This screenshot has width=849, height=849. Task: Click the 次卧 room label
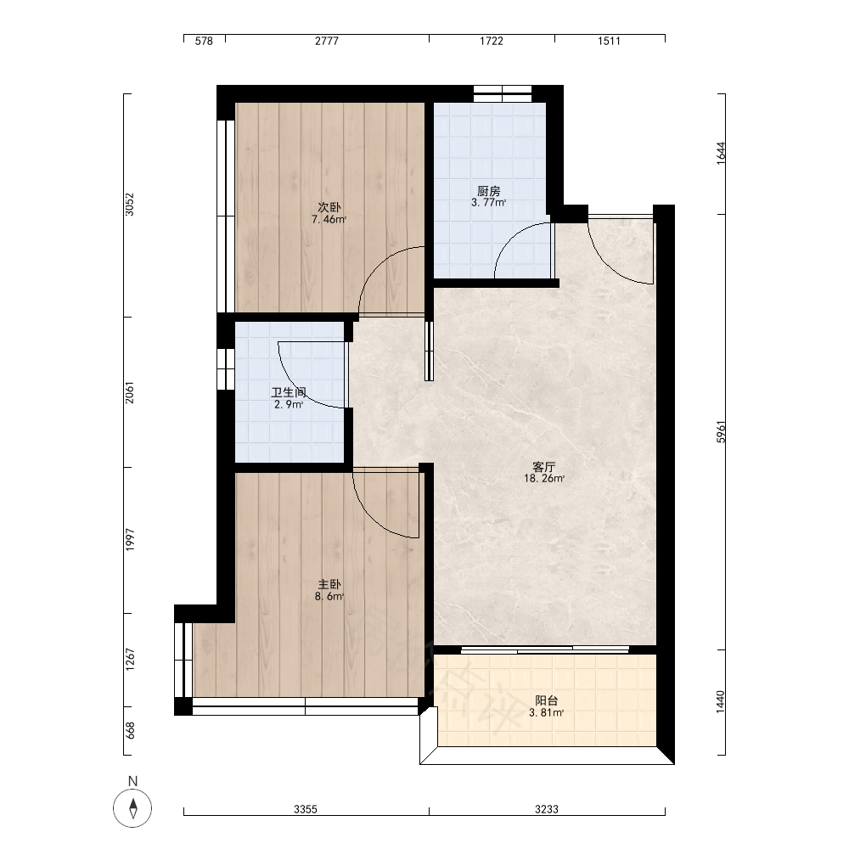coord(329,207)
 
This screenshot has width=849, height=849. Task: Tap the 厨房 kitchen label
coord(488,191)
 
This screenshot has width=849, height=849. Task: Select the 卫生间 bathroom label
coord(289,392)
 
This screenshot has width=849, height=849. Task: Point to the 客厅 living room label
coord(544,467)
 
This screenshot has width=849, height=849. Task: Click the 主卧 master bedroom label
coord(329,585)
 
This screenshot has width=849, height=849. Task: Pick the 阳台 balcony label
coord(546,700)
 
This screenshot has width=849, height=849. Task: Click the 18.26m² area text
coord(544,479)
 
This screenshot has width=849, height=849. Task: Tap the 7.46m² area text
coord(329,219)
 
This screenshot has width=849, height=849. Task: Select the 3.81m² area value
coord(546,712)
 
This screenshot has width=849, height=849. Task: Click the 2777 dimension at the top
coord(327,41)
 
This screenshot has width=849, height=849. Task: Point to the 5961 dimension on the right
coord(721,432)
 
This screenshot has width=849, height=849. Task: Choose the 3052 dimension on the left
coord(129,205)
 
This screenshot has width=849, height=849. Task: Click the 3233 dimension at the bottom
coord(547,809)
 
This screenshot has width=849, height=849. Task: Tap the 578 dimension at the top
coord(204,41)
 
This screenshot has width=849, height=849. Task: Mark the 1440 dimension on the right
coord(721,702)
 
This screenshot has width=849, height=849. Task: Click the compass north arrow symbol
coord(132,809)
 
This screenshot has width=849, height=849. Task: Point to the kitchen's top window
coord(503,93)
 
